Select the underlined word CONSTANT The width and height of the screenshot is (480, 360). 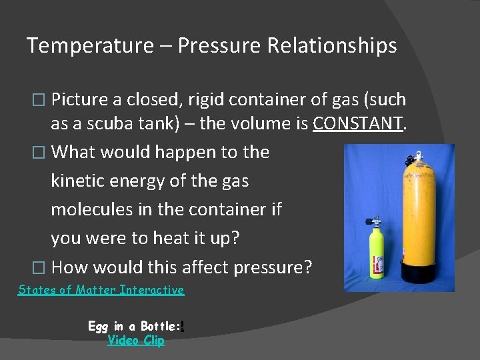coord(358,124)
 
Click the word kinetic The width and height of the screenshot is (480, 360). coord(79,180)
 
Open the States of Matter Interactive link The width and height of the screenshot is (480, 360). coord(101,290)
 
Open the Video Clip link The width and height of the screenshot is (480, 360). coord(136,341)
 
